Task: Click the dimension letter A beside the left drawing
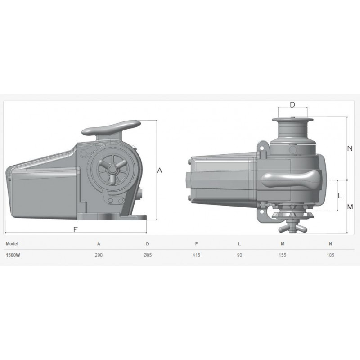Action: coord(160,171)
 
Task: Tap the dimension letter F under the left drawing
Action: coord(76,229)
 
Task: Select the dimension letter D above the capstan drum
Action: coord(292,105)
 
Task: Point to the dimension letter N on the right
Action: coord(350,148)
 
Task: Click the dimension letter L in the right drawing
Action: coord(340,196)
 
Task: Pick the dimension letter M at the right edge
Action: coord(350,207)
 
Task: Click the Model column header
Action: coord(12,244)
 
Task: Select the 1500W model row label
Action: coord(13,255)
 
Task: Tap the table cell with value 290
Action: coord(99,255)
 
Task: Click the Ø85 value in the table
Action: coord(148,255)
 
